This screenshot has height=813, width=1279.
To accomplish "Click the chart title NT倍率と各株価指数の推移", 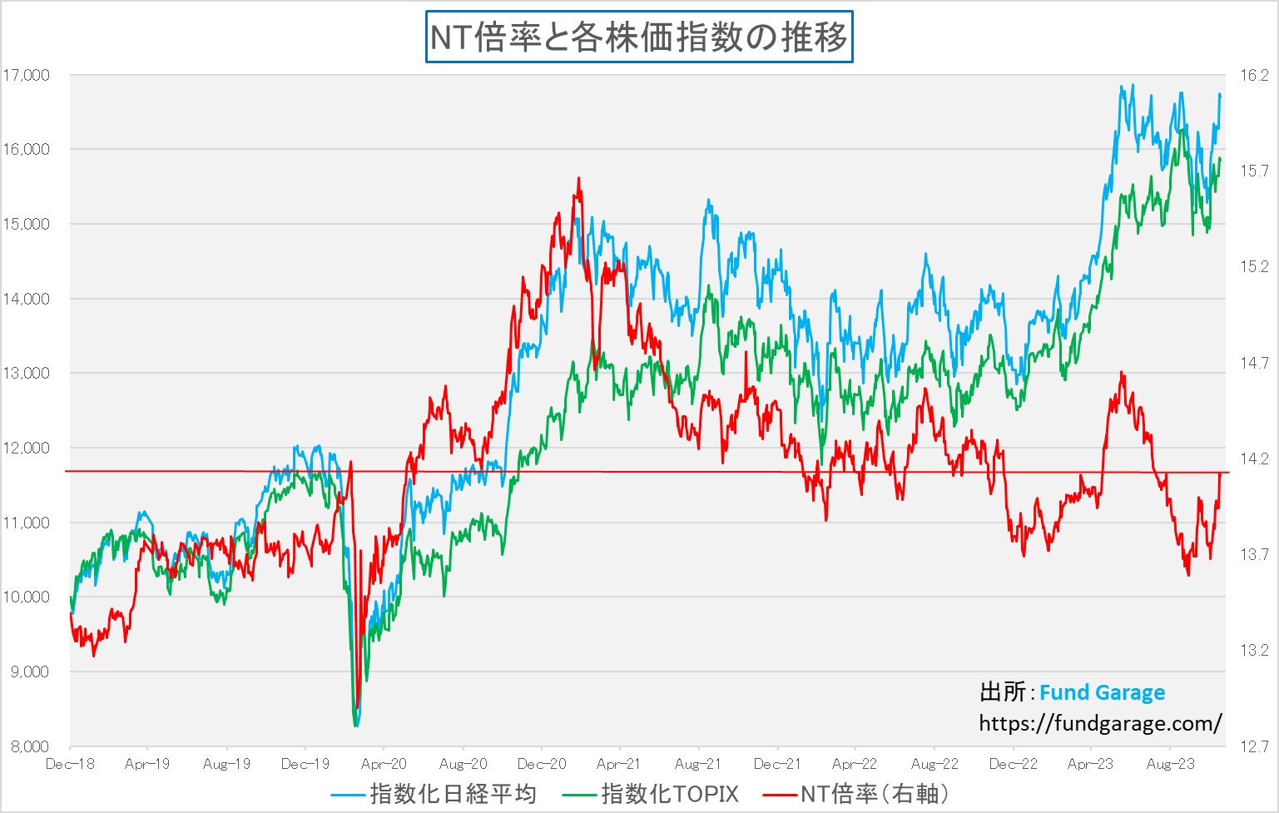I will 639,37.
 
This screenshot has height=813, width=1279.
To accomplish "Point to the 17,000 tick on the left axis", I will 27,75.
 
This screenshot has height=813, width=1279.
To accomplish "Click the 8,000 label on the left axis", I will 30,746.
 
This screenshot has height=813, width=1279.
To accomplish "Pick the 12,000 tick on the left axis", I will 27,448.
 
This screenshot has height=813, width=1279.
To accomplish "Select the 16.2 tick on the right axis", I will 1254,75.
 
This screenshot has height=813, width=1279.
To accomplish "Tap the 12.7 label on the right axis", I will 1254,746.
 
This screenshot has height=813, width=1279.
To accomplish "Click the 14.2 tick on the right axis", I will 1254,459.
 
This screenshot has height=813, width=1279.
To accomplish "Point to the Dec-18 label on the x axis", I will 70,764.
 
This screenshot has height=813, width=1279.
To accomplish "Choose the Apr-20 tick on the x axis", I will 384,764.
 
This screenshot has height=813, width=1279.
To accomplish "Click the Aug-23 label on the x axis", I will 1170,764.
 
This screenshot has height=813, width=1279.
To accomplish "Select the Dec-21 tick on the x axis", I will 777,764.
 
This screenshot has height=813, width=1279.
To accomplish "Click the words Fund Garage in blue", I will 1102,692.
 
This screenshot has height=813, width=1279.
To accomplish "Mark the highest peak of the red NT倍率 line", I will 579,178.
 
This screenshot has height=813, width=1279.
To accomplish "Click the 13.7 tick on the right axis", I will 1254,554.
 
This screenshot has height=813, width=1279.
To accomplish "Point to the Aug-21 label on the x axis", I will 698,764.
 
